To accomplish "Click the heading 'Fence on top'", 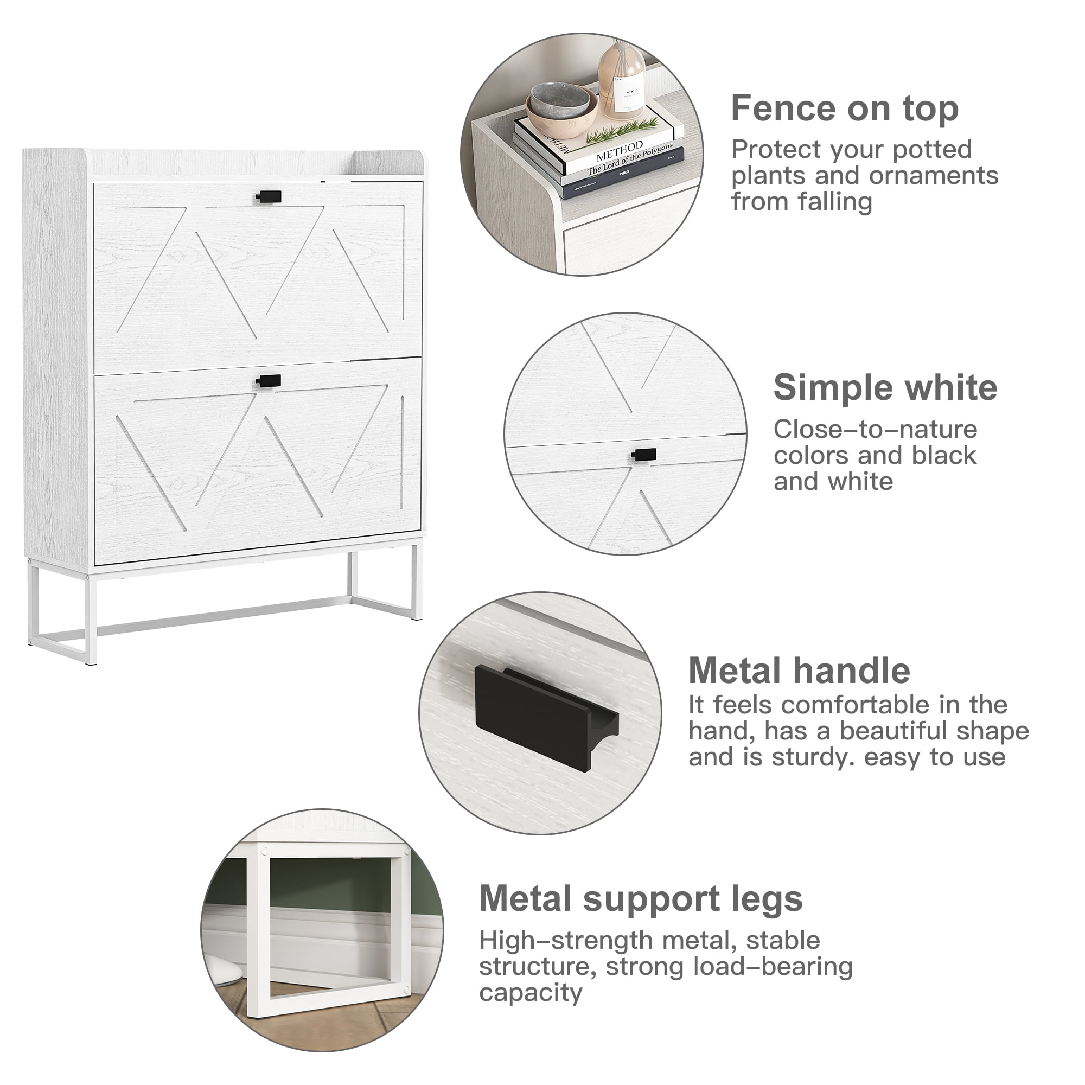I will click(x=844, y=108).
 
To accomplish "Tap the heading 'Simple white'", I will click(x=885, y=387).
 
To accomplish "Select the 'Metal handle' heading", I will click(x=799, y=671).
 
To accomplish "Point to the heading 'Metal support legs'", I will click(x=641, y=898).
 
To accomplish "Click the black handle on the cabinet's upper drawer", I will click(x=269, y=196).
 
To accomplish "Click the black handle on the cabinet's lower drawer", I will click(x=268, y=381).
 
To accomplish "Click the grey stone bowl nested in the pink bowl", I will click(x=558, y=101).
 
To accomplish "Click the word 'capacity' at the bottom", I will click(x=531, y=993).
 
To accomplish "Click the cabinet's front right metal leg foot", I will click(x=416, y=617).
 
